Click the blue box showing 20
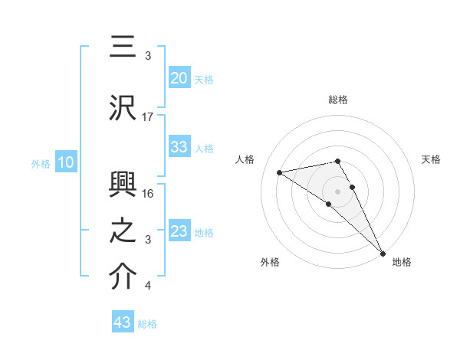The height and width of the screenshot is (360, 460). pos(179,78)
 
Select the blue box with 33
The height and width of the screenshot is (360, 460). pos(179,147)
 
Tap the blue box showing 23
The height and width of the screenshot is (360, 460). pos(179,231)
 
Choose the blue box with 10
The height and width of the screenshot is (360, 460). pos(65,162)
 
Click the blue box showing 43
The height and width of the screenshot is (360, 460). pos(122,322)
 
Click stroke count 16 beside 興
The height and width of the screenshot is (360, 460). pos(148,193)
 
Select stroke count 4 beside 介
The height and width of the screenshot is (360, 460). pos(148,286)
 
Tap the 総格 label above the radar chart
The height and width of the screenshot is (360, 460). pos(337,100)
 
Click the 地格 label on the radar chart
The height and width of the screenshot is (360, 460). pos(402,262)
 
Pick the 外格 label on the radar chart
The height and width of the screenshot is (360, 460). pos(270,262)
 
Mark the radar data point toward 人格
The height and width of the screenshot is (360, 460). pos(280,172)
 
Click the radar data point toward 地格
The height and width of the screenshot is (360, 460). pos(383,253)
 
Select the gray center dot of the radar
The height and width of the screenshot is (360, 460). pos(337,191)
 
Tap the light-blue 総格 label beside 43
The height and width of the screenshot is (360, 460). pos(147,324)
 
